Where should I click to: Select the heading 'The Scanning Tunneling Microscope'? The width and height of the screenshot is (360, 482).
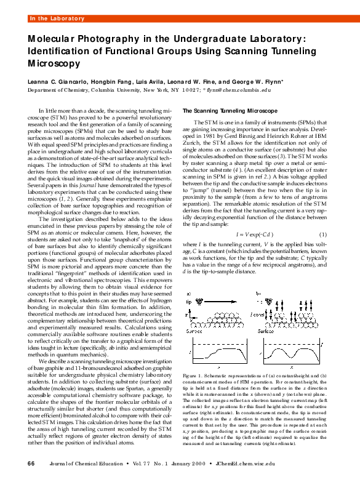(230, 110)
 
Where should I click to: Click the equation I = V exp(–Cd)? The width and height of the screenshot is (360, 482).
(255, 235)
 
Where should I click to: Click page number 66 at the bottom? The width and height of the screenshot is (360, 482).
(31, 463)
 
